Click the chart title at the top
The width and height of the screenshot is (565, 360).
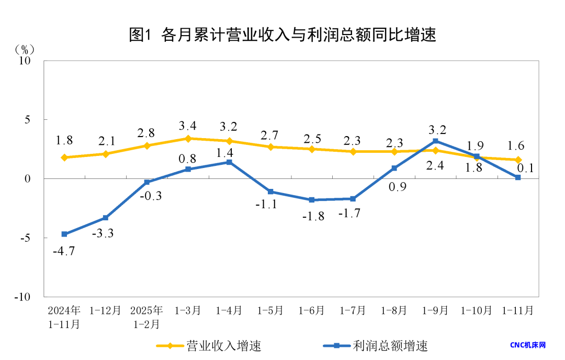click(x=282, y=35)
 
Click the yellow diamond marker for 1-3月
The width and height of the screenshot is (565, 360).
click(x=188, y=138)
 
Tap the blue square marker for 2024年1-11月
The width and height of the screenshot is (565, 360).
click(x=64, y=234)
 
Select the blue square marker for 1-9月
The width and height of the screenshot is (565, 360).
click(x=435, y=141)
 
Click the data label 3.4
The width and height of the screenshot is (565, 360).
click(x=188, y=126)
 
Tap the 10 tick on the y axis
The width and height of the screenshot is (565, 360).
click(x=25, y=61)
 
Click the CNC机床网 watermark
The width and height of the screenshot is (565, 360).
click(x=528, y=345)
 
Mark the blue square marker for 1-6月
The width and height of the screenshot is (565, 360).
click(x=311, y=200)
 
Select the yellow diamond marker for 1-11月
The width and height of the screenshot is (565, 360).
click(x=518, y=160)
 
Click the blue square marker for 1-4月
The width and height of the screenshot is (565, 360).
click(x=229, y=162)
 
